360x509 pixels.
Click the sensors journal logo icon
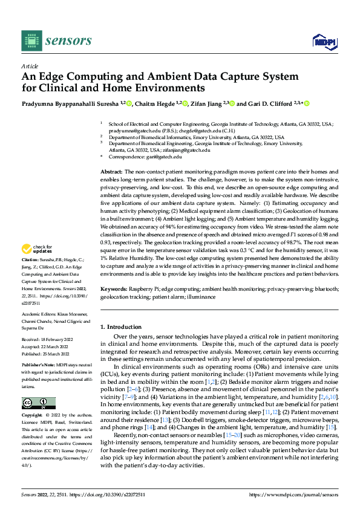(32, 41)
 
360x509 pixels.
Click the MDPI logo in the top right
(324, 41)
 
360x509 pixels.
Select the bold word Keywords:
(114, 290)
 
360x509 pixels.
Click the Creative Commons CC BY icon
(39, 403)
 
